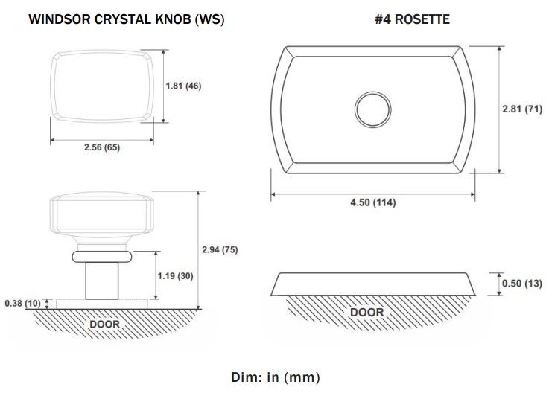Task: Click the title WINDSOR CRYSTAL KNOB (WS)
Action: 127,19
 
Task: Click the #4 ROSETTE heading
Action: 412,19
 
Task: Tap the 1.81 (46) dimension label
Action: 183,86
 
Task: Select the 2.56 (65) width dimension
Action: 102,147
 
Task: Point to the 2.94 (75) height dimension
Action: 220,250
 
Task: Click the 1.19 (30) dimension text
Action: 175,276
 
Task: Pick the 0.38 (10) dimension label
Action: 22,303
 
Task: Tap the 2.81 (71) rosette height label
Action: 522,109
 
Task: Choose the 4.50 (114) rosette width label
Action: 373,202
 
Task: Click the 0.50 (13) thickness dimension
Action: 522,284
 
